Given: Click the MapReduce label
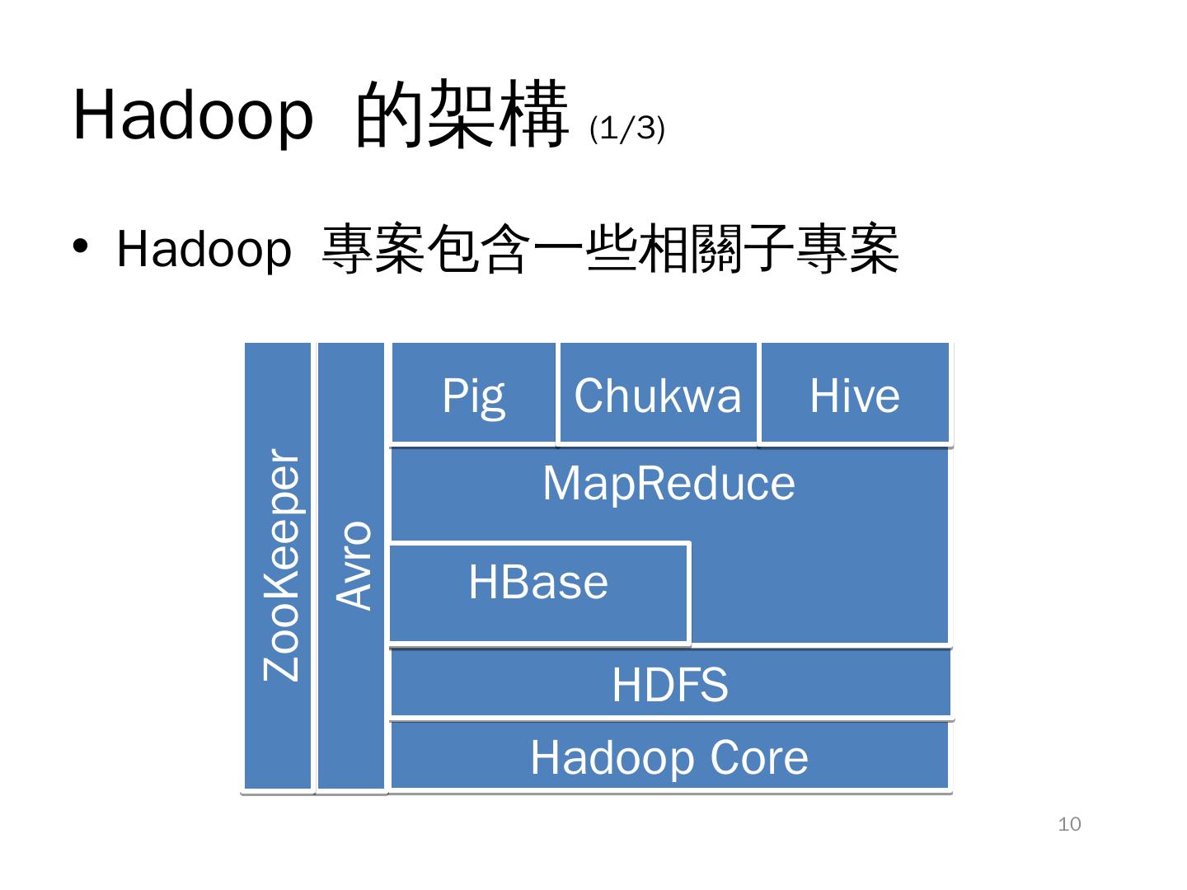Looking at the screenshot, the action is [x=669, y=483].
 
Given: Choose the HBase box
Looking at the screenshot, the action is [x=538, y=591].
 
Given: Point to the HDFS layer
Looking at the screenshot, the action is [x=670, y=684].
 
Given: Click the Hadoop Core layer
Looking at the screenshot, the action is [x=669, y=756].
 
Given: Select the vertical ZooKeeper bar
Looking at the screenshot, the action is [x=279, y=566].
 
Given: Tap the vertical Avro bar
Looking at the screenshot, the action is [x=352, y=566].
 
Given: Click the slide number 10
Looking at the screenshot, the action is [x=1069, y=824].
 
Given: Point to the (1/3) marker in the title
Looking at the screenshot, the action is [x=627, y=129].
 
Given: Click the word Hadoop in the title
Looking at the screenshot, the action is [x=194, y=115].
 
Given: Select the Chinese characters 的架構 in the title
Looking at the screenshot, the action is [x=462, y=115].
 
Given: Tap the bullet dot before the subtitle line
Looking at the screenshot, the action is [x=80, y=246].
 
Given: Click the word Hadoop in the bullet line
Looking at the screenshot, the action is [x=204, y=249].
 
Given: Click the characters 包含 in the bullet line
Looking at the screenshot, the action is [x=478, y=249].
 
